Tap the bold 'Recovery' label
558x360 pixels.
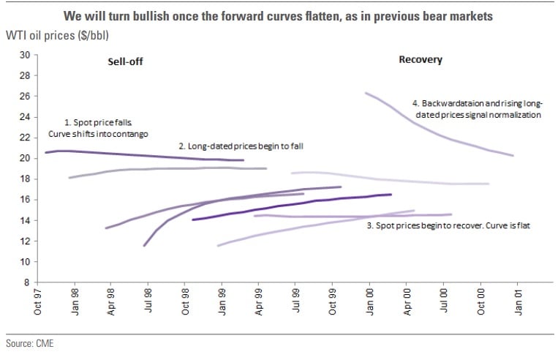(421, 60)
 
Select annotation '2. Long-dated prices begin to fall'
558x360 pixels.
(241, 146)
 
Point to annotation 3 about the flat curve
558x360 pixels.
(448, 226)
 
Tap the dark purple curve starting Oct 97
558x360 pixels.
(146, 155)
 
